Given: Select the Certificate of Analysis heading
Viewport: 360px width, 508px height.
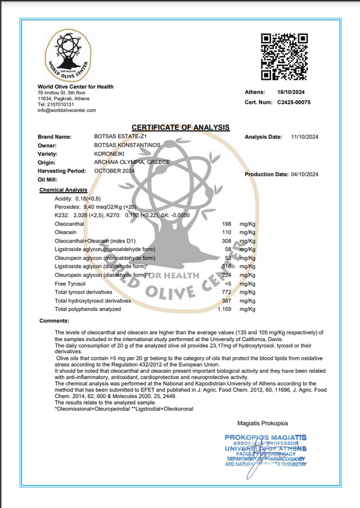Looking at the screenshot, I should point(181,127).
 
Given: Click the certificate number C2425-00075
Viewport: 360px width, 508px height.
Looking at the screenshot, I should point(294,103).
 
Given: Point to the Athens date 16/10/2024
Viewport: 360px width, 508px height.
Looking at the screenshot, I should point(291,92).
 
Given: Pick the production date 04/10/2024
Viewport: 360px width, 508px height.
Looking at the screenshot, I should point(305,174).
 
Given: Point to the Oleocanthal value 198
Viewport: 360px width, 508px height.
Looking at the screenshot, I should point(227,223).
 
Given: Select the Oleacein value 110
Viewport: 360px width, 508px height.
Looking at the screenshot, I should point(227,232).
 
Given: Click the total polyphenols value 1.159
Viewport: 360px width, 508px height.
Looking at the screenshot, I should point(225,309).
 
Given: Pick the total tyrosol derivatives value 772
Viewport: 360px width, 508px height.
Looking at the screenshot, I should point(227,292).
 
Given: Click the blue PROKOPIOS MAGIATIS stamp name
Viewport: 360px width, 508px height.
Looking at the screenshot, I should point(265,437).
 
